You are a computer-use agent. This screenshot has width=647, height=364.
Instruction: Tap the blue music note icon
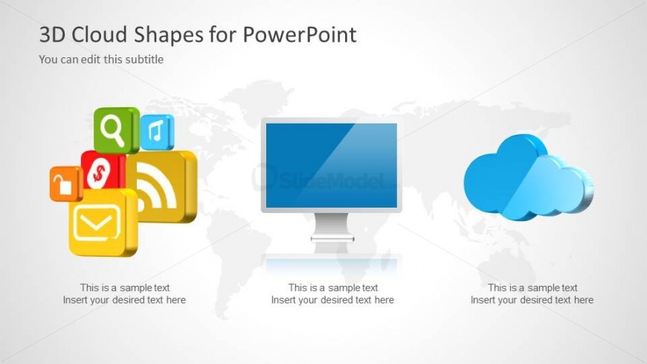coord(156,132)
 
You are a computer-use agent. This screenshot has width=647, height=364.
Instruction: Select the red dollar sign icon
coord(100,173)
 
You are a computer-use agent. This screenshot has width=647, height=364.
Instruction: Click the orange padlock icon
coord(65,184)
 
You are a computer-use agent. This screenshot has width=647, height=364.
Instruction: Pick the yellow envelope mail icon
coord(102,222)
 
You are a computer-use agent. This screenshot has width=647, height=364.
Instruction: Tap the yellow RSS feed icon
coord(165,186)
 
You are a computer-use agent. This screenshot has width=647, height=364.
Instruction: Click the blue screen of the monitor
coord(331,165)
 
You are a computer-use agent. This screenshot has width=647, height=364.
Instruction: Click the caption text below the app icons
coord(124,294)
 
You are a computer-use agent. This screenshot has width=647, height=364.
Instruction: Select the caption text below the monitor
coord(332,294)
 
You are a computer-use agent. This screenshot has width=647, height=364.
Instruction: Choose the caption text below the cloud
coord(532,294)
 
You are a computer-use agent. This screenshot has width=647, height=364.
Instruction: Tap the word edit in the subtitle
coord(92,60)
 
